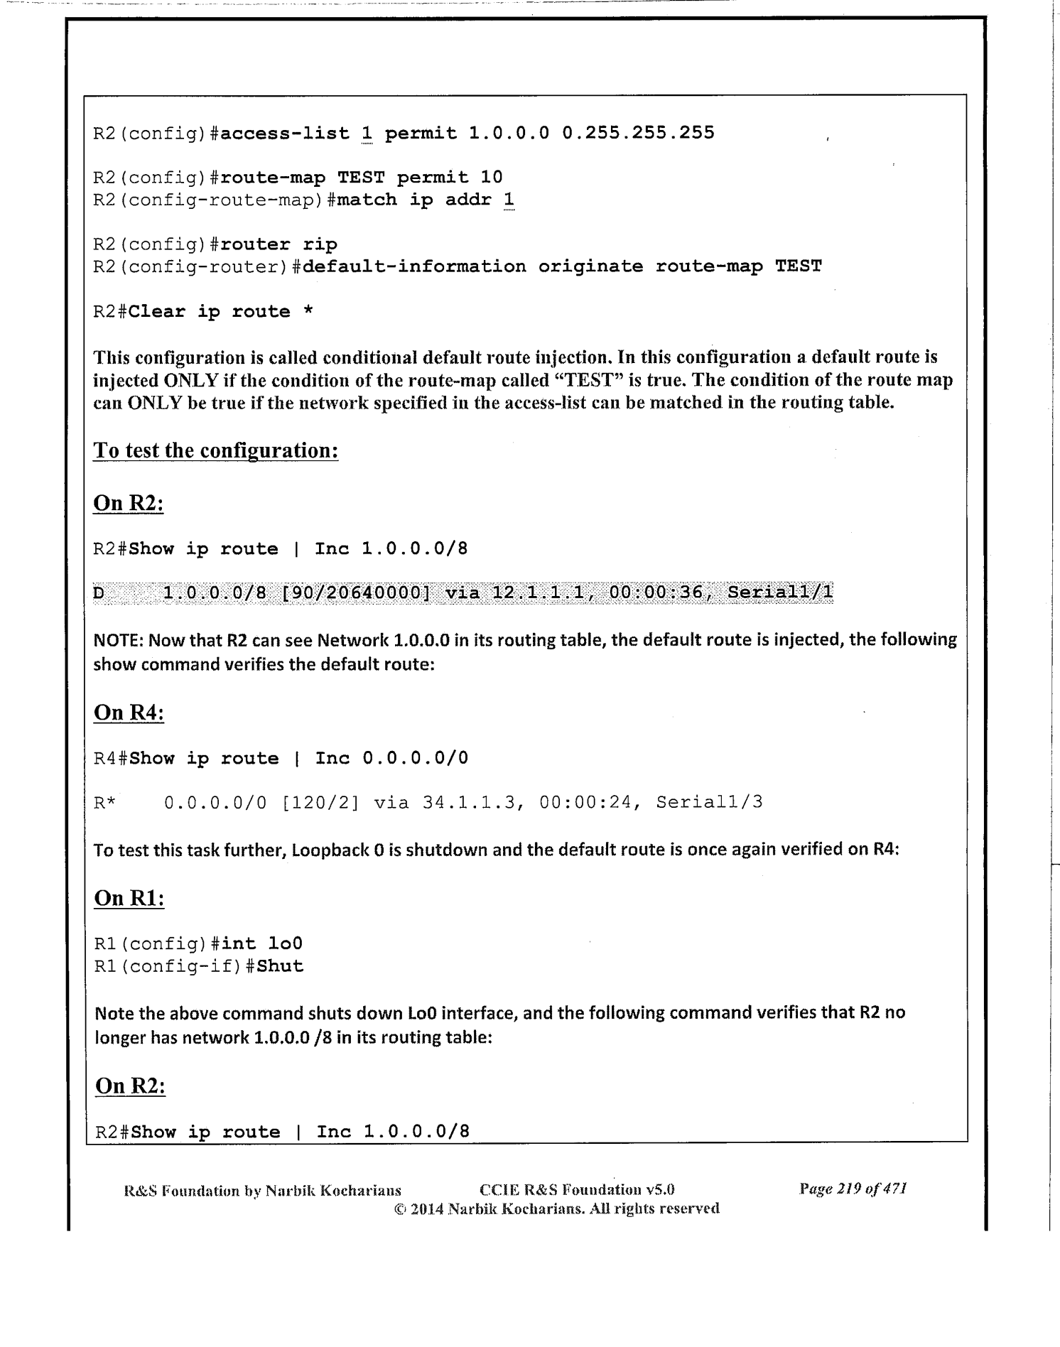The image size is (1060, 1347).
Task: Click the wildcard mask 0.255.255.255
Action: tap(638, 133)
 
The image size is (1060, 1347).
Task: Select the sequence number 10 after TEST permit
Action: tap(491, 177)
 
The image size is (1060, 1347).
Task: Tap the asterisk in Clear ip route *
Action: tap(308, 312)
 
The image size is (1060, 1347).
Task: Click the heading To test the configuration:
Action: tap(215, 450)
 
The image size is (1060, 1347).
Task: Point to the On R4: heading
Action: tap(129, 713)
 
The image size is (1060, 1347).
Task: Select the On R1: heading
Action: tap(129, 898)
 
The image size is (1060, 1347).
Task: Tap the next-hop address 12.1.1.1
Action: tap(544, 593)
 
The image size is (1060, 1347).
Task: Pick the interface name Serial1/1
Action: tap(780, 593)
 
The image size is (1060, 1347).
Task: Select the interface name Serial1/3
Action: tap(709, 803)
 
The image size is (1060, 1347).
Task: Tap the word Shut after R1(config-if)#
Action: tap(280, 966)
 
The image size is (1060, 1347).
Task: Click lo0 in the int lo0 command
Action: tap(286, 943)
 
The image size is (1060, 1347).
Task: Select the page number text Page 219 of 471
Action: tap(853, 1189)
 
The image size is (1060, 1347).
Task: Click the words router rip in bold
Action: tap(279, 244)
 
